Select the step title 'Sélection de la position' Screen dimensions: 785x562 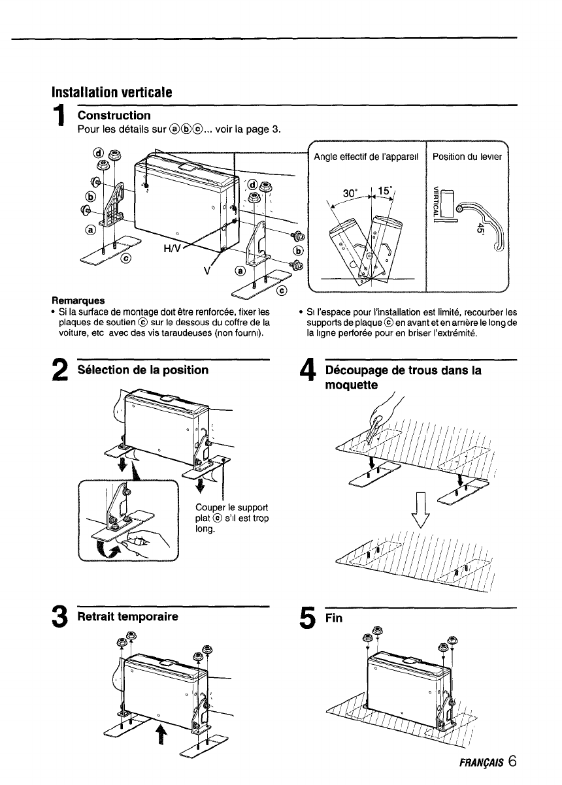[143, 370]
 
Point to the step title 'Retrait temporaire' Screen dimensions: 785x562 [127, 616]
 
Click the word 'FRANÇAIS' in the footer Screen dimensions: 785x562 [480, 763]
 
